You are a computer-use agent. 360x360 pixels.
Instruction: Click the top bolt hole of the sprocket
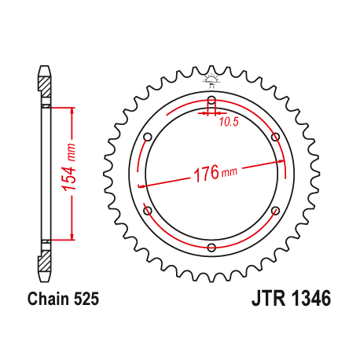tap(211, 100)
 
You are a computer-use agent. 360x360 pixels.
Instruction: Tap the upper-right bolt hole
tap(275, 137)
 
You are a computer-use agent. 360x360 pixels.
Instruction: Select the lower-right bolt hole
tap(275, 211)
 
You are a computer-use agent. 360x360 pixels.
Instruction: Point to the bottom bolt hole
tap(211, 248)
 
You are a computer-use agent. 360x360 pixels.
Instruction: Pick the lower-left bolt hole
tap(148, 211)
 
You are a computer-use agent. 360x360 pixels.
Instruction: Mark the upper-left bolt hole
tap(148, 137)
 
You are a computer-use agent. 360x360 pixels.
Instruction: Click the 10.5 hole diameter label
tap(229, 122)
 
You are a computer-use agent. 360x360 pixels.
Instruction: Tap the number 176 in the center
tap(206, 174)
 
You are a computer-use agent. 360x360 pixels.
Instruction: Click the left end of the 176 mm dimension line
tap(139, 186)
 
